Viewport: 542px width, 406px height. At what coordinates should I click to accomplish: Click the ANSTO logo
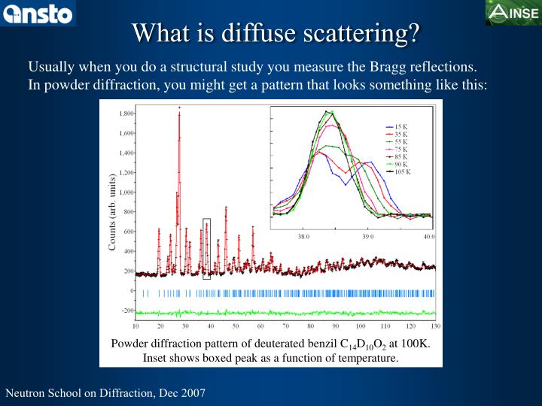pyautogui.click(x=38, y=13)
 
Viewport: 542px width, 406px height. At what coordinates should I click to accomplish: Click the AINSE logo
pyautogui.click(x=513, y=13)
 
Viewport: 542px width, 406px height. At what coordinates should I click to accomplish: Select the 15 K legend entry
pyautogui.click(x=401, y=127)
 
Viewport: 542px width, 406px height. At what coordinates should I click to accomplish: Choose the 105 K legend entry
pyautogui.click(x=403, y=171)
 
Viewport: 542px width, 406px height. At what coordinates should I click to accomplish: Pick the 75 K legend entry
pyautogui.click(x=401, y=149)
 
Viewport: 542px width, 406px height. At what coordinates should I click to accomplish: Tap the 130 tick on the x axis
pyautogui.click(x=434, y=327)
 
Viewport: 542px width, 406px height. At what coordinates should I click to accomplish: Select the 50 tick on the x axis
pyautogui.click(x=236, y=327)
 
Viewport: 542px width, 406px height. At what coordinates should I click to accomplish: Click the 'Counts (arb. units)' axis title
pyautogui.click(x=112, y=213)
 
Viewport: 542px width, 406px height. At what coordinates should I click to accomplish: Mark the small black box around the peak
pyautogui.click(x=207, y=249)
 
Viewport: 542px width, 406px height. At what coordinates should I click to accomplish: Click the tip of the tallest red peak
pyautogui.click(x=179, y=109)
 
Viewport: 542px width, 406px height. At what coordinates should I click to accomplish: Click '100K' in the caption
pyautogui.click(x=416, y=344)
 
